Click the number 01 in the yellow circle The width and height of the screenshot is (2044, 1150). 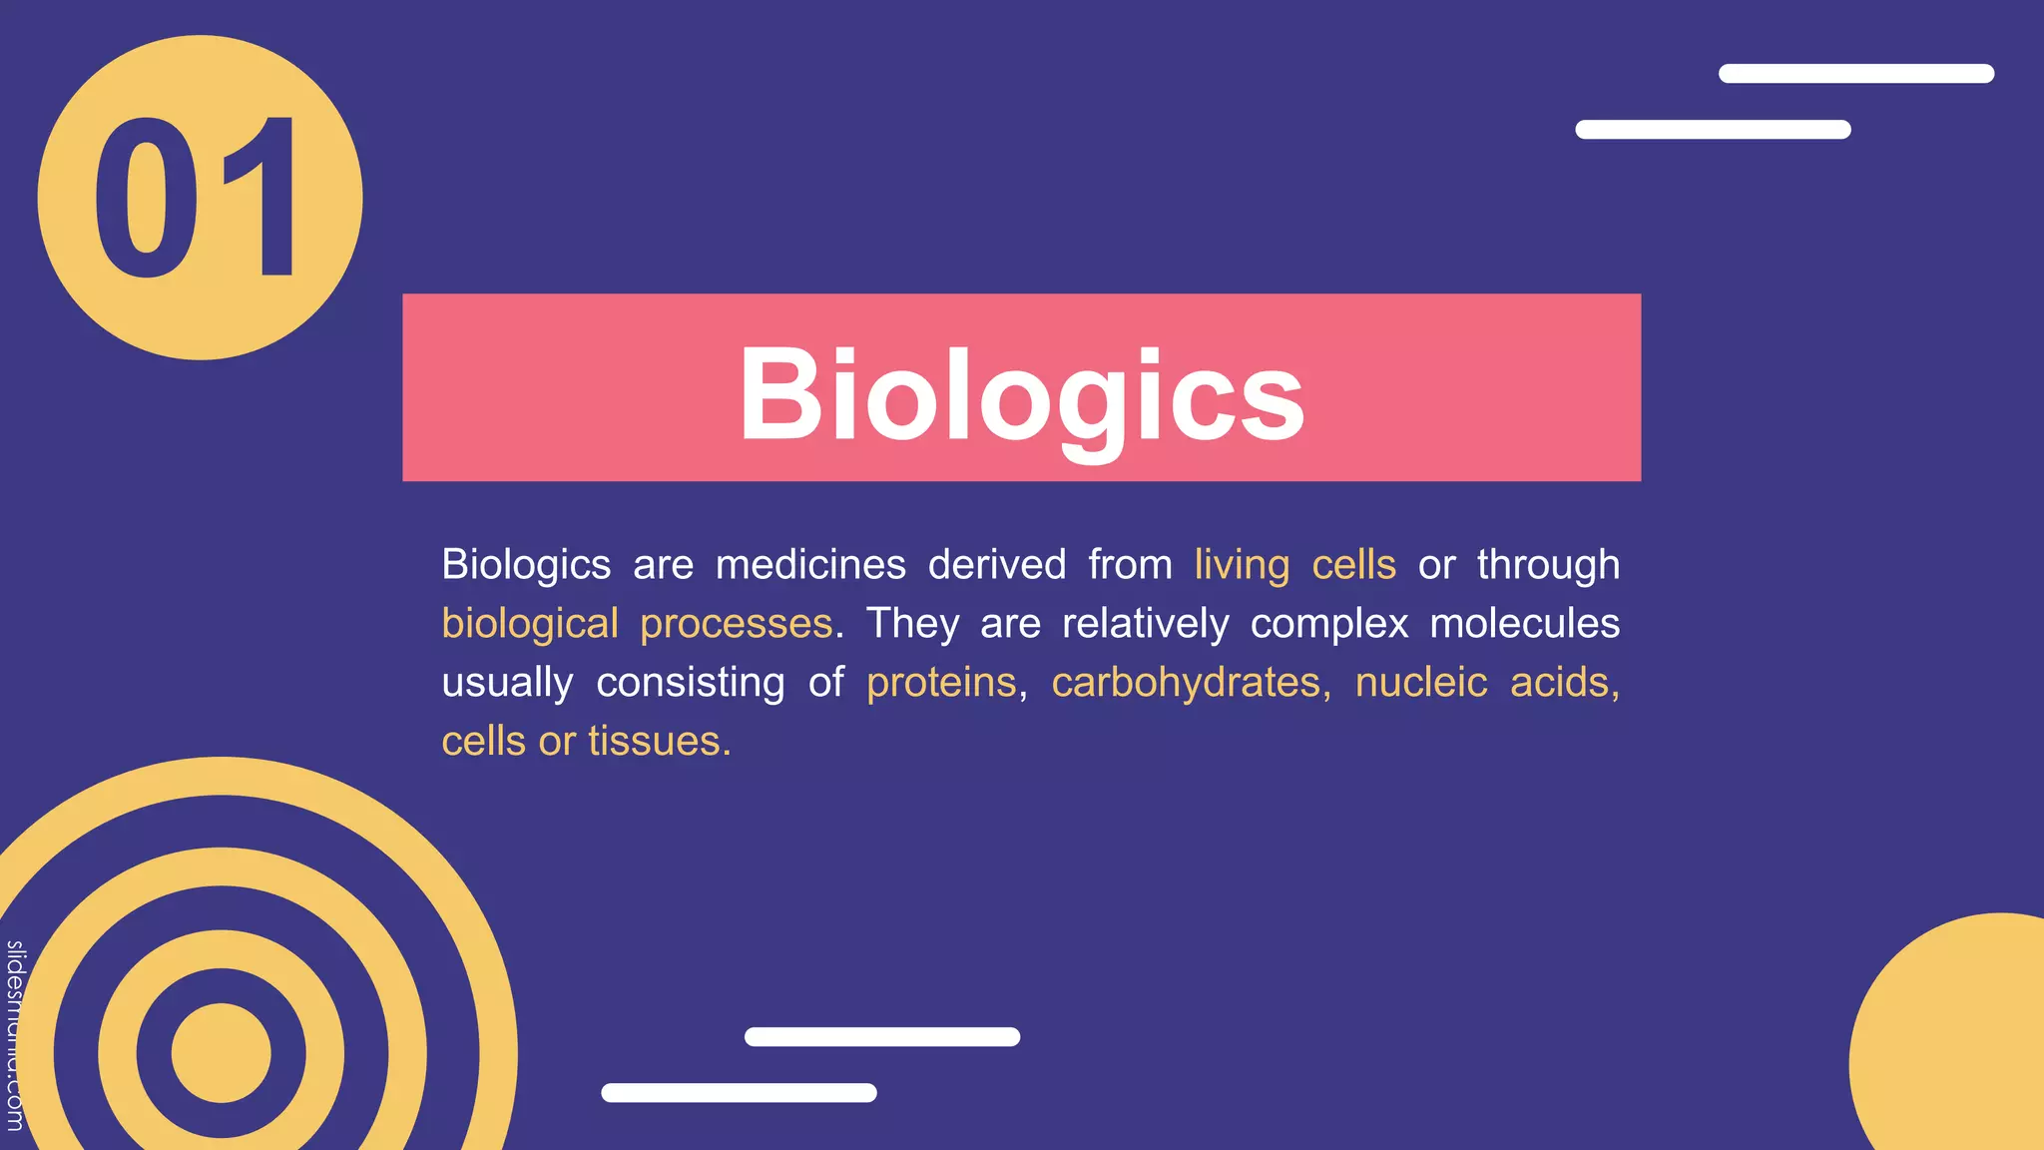point(197,198)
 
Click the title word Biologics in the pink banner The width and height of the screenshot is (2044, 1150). point(1021,393)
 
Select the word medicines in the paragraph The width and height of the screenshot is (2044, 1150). point(810,565)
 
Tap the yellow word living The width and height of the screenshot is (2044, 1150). point(1242,565)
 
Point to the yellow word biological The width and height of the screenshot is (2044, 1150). point(530,624)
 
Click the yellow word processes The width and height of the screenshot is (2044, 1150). point(736,624)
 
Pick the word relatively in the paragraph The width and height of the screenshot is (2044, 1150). point(1145,624)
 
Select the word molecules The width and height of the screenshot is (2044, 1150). point(1524,624)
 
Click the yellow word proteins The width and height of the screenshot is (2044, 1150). point(941,683)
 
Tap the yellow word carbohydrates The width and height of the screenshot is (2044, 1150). point(1186,683)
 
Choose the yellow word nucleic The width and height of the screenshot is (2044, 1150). point(1420,683)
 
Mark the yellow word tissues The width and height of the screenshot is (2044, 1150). point(654,742)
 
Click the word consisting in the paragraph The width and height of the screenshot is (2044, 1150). point(691,683)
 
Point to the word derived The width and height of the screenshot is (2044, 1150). point(997,565)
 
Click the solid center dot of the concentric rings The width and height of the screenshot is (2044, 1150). point(221,1053)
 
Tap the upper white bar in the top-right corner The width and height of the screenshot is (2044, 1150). point(1855,74)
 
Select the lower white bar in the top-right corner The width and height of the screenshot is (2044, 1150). point(1713,130)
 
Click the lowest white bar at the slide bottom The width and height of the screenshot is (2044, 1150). point(739,1093)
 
